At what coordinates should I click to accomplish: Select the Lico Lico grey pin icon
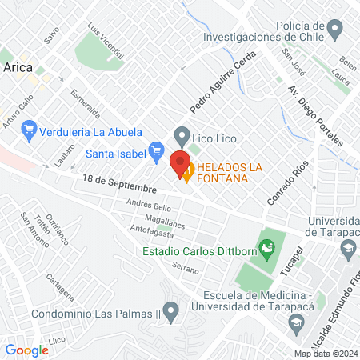tap(182, 135)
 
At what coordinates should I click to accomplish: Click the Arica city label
tap(18, 67)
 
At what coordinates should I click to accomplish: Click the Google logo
tap(26, 350)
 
